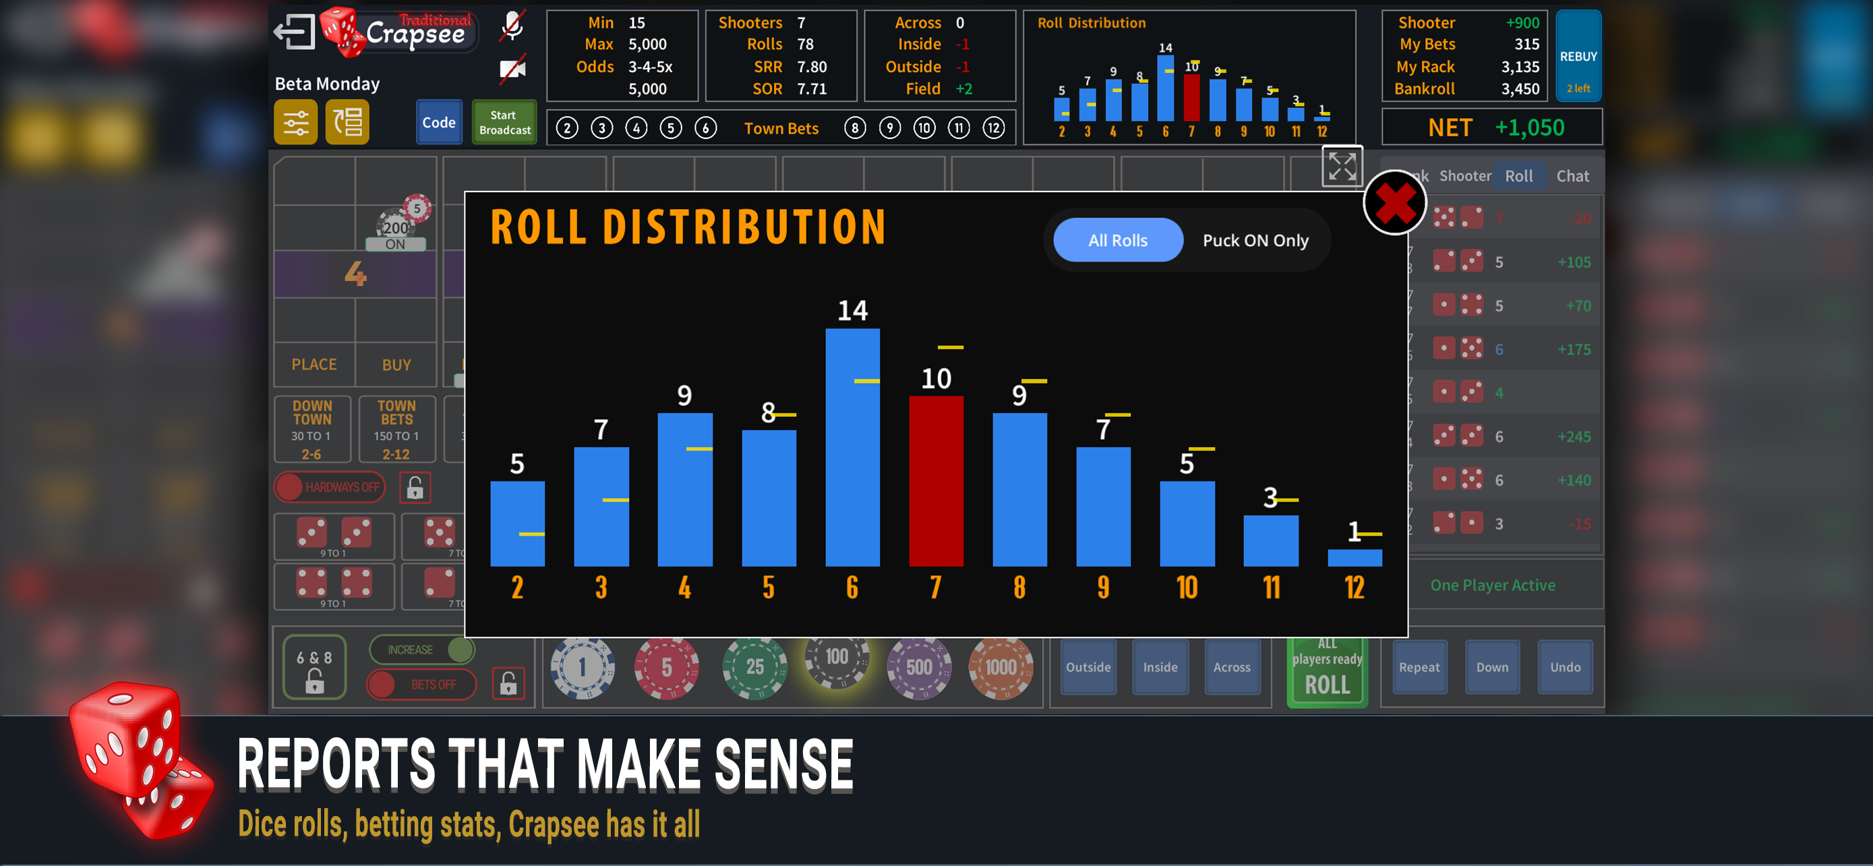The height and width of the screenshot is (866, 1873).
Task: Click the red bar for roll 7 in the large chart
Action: click(936, 481)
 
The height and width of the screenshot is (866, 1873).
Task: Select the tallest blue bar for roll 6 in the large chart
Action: click(852, 447)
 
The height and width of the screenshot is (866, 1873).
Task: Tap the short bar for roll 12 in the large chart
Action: click(1354, 558)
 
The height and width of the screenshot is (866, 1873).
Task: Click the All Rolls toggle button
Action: click(1118, 240)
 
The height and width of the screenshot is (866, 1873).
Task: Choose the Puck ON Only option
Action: click(1255, 240)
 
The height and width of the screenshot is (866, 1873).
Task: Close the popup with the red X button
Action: click(1394, 203)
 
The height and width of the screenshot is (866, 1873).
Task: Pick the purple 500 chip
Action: click(918, 667)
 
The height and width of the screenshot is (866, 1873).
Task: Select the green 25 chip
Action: click(754, 667)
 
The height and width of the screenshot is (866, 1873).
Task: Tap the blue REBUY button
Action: click(1578, 56)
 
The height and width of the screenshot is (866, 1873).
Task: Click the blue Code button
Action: click(438, 122)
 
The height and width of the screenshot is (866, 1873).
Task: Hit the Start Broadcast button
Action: click(504, 122)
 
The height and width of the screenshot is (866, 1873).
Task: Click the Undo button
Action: click(1565, 667)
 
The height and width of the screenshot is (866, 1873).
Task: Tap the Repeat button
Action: click(1419, 667)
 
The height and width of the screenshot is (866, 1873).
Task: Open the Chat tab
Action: click(1572, 176)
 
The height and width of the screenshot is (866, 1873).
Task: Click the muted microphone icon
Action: click(512, 26)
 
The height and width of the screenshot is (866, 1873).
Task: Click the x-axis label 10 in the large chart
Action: click(1187, 587)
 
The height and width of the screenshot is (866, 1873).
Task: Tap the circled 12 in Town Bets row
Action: click(993, 129)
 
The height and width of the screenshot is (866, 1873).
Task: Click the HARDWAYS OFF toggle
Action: click(330, 487)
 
